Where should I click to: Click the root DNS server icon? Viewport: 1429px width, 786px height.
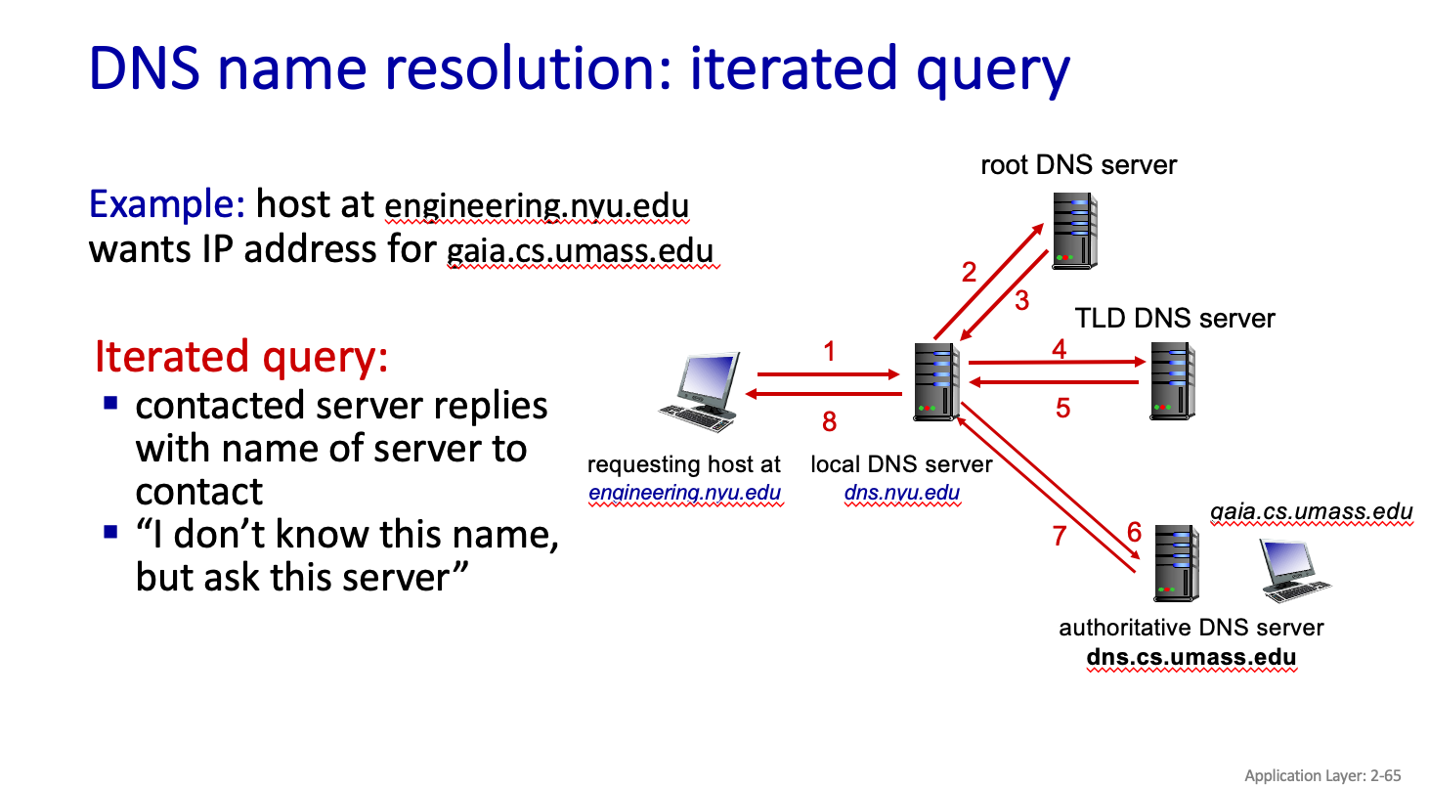point(1074,230)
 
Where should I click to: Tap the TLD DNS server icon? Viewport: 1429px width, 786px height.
point(1171,380)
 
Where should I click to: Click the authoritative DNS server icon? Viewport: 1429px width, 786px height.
point(1176,562)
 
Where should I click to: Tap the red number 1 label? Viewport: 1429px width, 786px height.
point(830,351)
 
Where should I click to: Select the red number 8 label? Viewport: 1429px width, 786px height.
point(830,421)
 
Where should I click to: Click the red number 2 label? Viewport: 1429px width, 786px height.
point(969,272)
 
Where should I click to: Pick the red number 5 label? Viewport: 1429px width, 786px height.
point(1063,408)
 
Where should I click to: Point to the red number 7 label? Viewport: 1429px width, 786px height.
point(1060,535)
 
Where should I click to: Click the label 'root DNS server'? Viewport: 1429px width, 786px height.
point(1079,164)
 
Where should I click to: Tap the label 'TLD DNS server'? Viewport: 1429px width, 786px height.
point(1175,319)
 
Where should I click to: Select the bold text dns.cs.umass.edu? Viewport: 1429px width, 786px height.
point(1191,656)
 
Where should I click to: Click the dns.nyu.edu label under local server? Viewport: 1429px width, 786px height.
point(901,493)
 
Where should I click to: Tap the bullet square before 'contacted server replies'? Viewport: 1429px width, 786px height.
point(110,402)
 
